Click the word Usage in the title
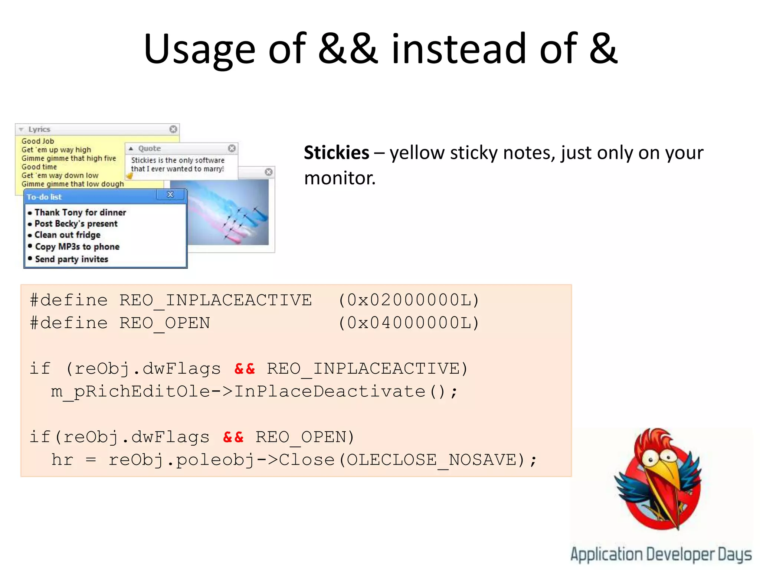(x=199, y=49)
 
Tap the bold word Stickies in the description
(x=336, y=153)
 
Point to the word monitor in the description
(x=340, y=178)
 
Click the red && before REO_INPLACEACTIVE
(x=245, y=368)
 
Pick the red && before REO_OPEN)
(x=233, y=437)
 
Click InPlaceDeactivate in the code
(x=330, y=392)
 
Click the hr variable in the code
(x=62, y=460)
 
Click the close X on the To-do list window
(x=170, y=194)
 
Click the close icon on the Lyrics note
(x=173, y=129)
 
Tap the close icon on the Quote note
(x=232, y=148)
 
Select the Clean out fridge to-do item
(x=67, y=235)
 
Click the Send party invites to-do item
(x=71, y=259)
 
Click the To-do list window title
(x=44, y=197)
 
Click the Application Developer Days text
(x=661, y=554)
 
